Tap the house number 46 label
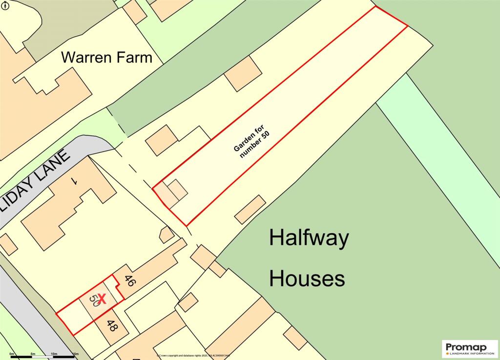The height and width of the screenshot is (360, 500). (x=129, y=281)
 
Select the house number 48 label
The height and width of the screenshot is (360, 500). (x=111, y=326)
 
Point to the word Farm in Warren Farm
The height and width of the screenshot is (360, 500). (x=133, y=58)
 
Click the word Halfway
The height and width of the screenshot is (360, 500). (x=309, y=238)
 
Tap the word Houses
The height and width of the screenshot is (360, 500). (x=307, y=279)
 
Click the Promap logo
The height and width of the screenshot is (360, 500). (x=470, y=349)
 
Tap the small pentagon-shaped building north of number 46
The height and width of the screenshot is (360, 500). (x=167, y=235)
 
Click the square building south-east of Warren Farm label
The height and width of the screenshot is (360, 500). (x=243, y=74)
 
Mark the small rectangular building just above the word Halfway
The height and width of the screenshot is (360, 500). (x=250, y=210)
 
